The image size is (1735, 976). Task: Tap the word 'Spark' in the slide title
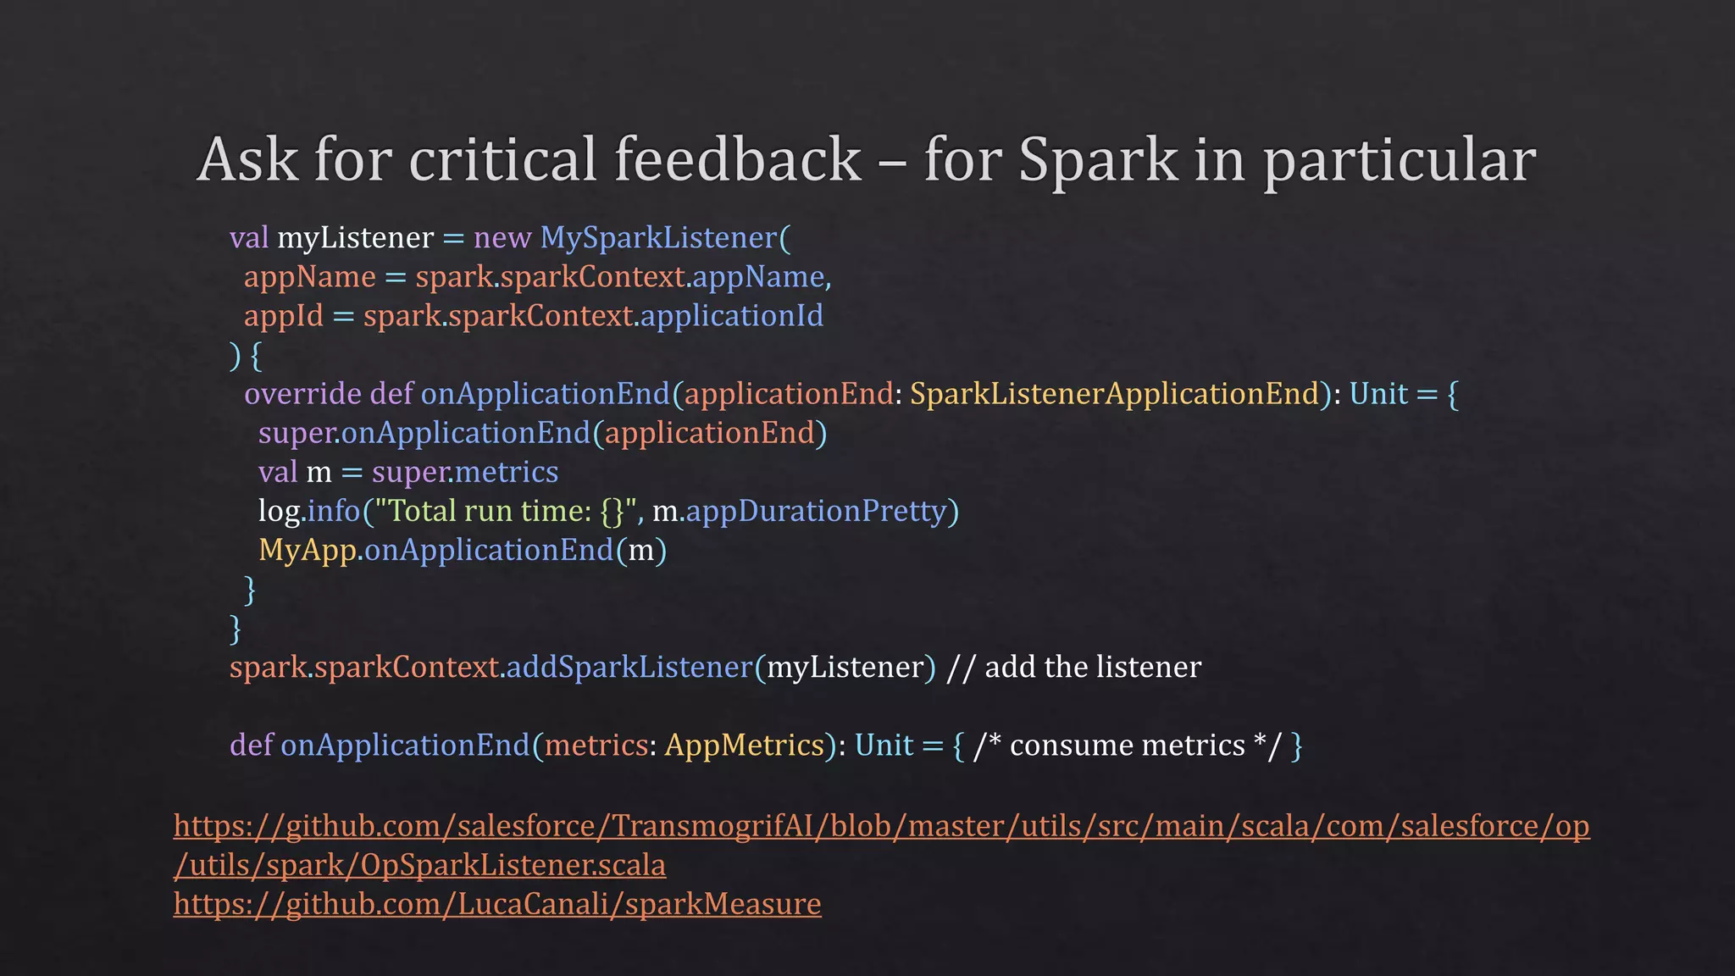coord(1097,159)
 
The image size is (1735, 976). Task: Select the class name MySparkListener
coord(658,238)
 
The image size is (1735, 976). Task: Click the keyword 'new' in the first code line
coord(502,238)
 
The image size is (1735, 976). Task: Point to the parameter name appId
coord(283,316)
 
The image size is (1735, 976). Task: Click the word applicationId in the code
coord(732,316)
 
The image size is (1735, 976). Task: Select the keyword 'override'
coord(302,394)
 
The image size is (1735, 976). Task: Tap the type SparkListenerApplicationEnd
coord(1114,394)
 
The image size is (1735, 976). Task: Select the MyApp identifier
coord(307,551)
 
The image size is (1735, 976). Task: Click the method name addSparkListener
coord(629,668)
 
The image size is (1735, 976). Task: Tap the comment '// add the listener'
coord(1073,668)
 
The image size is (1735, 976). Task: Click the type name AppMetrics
coord(745,746)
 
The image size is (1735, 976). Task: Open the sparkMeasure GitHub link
coord(497,904)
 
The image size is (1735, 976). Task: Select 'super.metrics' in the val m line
coord(465,472)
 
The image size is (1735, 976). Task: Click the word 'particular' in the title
coord(1400,159)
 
